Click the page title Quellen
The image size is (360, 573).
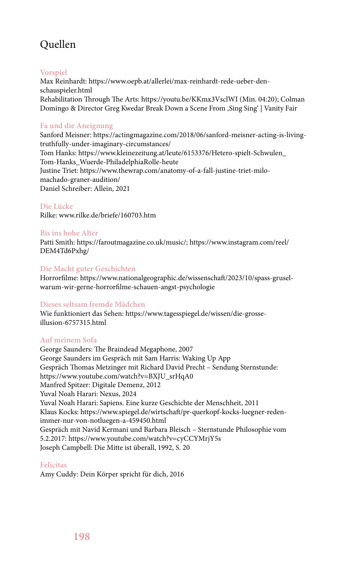tap(58, 45)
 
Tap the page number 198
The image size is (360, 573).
tap(82, 536)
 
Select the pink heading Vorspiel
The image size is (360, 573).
tap(54, 72)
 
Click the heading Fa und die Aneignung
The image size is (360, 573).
tap(76, 125)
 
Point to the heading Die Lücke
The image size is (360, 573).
tap(56, 206)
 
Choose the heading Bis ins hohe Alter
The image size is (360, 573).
tap(69, 233)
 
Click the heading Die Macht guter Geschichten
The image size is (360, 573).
tap(88, 268)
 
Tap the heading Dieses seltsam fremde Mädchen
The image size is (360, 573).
tap(92, 304)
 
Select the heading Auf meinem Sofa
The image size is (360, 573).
tap(69, 340)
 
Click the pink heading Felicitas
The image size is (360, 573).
tap(53, 465)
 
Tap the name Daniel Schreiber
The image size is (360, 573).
tap(65, 188)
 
